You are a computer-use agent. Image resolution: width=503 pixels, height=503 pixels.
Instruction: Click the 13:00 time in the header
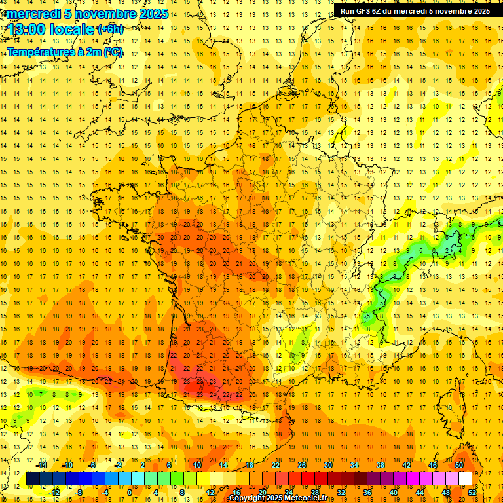click(27, 29)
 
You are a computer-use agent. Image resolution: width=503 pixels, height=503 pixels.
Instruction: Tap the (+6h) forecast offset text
click(109, 29)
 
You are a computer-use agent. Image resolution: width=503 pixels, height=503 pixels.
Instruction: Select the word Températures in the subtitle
click(41, 52)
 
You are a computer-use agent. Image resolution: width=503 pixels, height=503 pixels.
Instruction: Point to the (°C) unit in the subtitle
click(113, 52)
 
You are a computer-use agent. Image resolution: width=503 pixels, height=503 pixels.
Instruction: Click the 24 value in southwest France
click(214, 395)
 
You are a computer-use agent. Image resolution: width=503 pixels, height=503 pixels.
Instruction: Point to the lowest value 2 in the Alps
click(447, 250)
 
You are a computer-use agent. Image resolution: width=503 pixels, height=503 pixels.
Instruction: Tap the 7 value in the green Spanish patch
click(42, 395)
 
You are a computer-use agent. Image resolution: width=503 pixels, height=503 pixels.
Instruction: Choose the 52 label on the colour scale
click(472, 493)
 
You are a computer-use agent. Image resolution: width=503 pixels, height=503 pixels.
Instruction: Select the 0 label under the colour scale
click(130, 493)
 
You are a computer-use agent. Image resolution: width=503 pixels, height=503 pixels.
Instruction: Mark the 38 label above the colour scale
click(380, 465)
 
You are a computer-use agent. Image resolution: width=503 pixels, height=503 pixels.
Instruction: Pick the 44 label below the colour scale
click(419, 493)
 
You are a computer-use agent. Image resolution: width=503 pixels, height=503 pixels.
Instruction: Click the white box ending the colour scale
click(466, 479)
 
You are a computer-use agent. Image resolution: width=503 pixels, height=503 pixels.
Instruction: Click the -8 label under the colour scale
click(79, 493)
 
